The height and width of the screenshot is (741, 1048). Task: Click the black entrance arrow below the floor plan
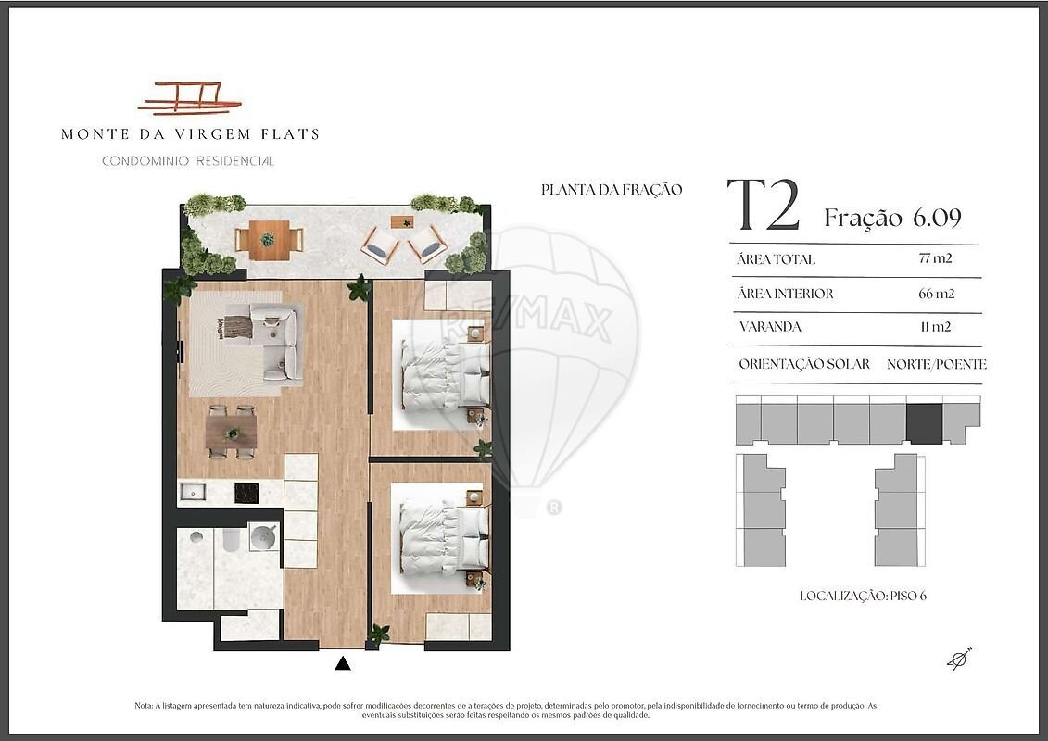coord(343,663)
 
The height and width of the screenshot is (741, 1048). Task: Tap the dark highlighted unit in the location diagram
coord(925,423)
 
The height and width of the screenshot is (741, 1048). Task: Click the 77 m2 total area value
coord(935,258)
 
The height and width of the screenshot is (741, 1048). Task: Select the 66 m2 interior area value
coord(937,294)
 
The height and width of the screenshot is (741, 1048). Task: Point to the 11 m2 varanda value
coord(936,327)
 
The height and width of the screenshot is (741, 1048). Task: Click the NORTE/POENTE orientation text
coord(937,364)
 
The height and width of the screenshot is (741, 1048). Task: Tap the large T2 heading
coord(764,205)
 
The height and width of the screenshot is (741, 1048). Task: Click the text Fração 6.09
coord(892,218)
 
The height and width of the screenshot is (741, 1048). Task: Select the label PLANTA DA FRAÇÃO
coord(612,190)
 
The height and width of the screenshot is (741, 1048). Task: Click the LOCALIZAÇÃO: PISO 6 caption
coord(863,596)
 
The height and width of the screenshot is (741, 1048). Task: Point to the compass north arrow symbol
coord(959,659)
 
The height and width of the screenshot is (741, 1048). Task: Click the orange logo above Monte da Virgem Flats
coord(190,98)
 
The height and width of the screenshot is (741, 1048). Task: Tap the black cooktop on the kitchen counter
coord(246,493)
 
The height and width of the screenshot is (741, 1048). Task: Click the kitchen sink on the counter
coord(193,493)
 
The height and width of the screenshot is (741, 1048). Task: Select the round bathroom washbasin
coord(262,536)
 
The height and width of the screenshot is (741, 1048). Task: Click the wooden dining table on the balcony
coord(269,240)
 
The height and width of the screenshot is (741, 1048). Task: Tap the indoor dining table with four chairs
coord(232,433)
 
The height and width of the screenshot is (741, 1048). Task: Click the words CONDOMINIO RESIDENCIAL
coord(188,161)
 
